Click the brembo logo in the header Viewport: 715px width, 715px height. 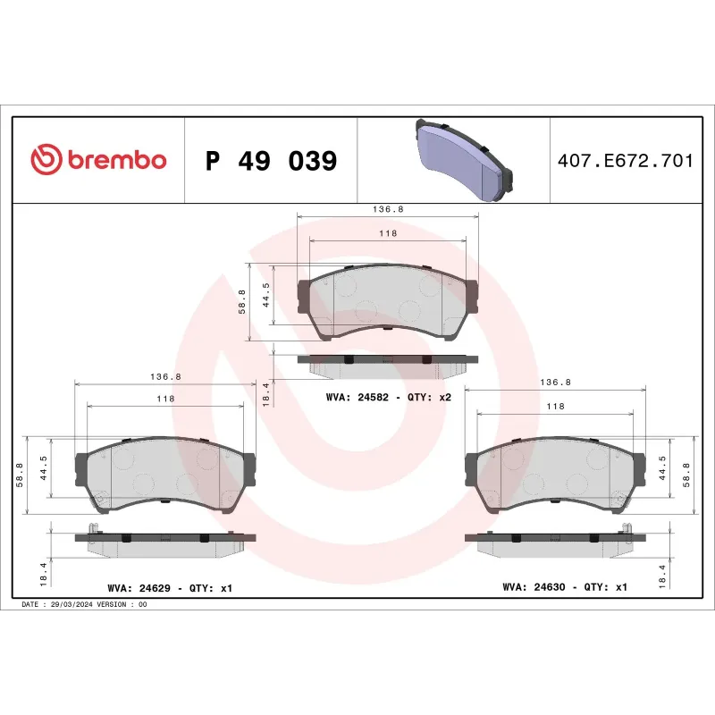pyautogui.click(x=98, y=160)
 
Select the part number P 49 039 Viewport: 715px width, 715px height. pyautogui.click(x=271, y=161)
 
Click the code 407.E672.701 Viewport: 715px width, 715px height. pyautogui.click(x=625, y=161)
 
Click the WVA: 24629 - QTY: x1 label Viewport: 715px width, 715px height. pyautogui.click(x=169, y=588)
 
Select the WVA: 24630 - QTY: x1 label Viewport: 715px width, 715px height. pyautogui.click(x=565, y=587)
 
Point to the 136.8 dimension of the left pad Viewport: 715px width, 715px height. pyautogui.click(x=165, y=376)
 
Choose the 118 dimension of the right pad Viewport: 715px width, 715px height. pyautogui.click(x=555, y=406)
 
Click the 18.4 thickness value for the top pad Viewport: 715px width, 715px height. pyautogui.click(x=265, y=392)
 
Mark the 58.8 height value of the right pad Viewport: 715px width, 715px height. pyautogui.click(x=686, y=474)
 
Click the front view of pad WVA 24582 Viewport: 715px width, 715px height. pyautogui.click(x=387, y=302)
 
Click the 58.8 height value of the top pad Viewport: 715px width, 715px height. pyautogui.click(x=241, y=302)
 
